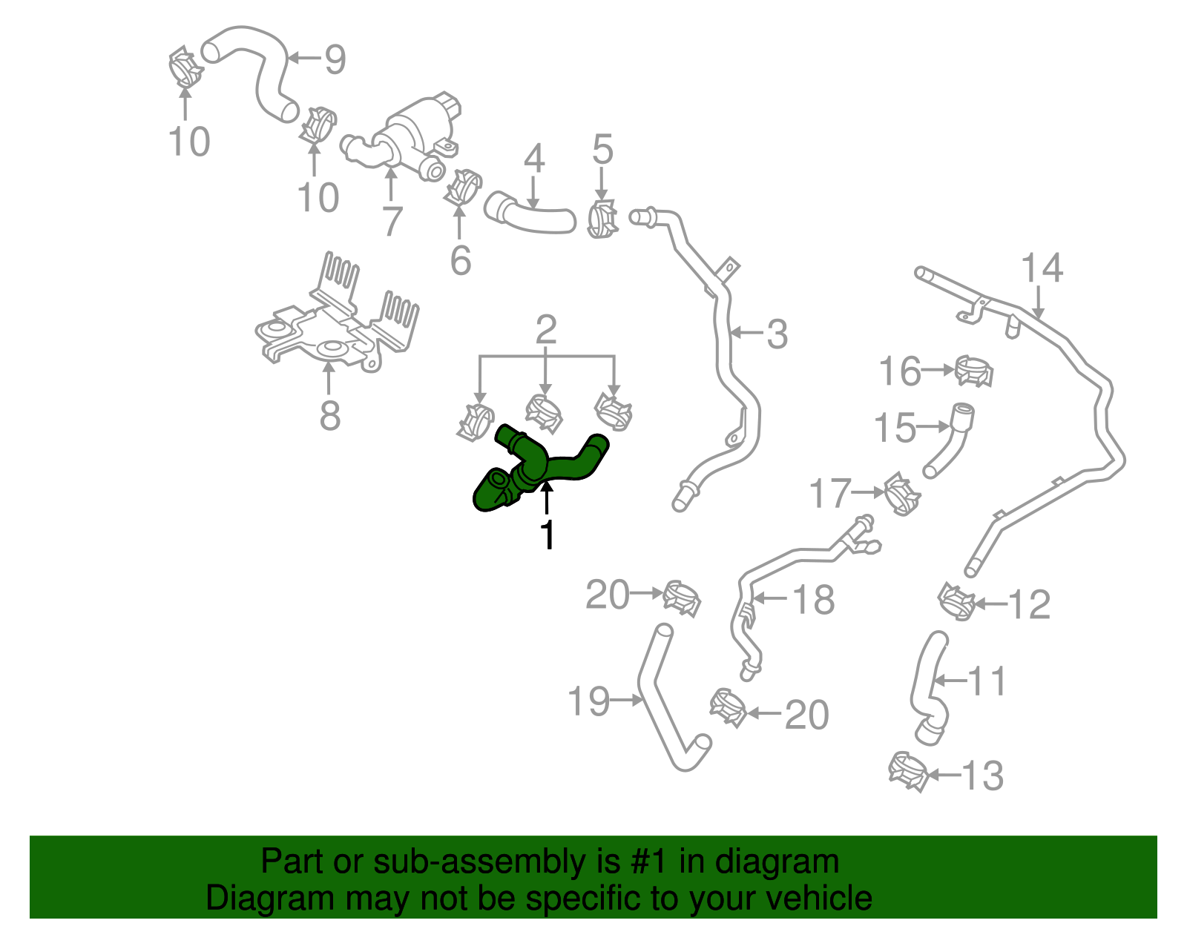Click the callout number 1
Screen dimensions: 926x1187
(548, 535)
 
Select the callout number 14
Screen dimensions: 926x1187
(1042, 268)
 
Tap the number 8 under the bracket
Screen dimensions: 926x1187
(329, 416)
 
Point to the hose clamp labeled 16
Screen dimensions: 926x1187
(973, 371)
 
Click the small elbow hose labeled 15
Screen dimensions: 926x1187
(951, 439)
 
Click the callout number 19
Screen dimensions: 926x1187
(588, 701)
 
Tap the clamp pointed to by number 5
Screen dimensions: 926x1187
(602, 218)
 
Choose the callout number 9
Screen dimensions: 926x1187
(335, 59)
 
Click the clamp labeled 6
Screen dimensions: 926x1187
(463, 187)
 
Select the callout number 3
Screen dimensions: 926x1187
(776, 335)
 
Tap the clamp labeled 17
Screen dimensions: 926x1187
(901, 494)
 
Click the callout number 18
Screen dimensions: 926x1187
(814, 600)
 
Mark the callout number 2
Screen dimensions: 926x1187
(546, 329)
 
